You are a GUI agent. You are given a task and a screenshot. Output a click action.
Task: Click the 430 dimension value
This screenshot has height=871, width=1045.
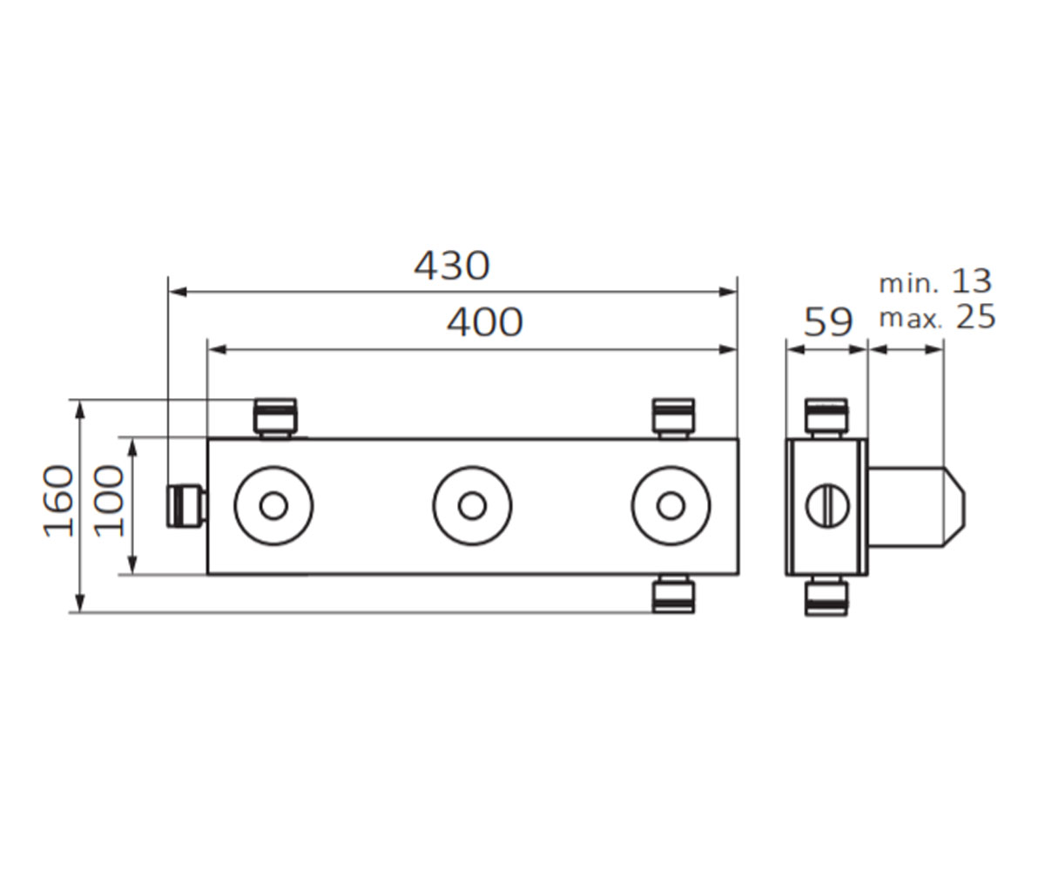pos(451,266)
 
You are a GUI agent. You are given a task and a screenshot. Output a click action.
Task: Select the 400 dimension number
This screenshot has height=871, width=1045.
pos(484,323)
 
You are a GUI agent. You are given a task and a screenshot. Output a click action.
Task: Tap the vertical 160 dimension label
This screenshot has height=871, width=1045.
pos(59,501)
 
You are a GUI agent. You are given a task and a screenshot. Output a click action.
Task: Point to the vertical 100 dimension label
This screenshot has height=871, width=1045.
pos(109,501)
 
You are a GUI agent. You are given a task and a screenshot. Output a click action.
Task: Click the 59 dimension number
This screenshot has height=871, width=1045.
pos(828,323)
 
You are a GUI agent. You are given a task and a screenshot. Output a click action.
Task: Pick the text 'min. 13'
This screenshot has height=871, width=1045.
pos(935,282)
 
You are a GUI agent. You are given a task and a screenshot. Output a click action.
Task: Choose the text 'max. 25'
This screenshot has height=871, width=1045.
pos(937,317)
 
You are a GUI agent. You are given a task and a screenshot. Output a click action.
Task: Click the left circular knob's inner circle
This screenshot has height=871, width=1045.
pos(273,506)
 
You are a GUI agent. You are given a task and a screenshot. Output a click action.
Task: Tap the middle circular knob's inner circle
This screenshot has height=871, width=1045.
pos(472,506)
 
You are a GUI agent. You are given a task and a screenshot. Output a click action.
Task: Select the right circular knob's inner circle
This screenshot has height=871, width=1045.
pos(671,506)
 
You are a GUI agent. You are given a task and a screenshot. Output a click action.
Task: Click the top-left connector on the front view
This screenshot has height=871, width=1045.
pos(275,418)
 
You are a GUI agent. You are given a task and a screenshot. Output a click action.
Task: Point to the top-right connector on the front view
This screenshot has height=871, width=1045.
pos(674,418)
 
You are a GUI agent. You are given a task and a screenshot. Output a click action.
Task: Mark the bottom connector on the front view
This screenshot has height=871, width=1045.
pos(674,594)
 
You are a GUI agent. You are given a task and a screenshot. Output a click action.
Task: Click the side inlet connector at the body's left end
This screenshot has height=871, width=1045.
pos(186,505)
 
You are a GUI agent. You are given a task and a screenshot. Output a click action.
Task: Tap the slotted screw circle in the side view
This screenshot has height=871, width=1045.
pos(827,506)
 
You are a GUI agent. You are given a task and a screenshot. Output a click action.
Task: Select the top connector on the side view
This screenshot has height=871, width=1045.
pos(826,418)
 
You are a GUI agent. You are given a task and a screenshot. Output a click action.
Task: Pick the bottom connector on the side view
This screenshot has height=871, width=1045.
pos(826,595)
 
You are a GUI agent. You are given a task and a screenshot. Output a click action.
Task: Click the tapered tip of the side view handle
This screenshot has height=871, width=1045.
pos(955,507)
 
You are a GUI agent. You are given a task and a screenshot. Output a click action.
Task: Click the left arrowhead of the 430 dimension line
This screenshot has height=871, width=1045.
pos(178,292)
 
